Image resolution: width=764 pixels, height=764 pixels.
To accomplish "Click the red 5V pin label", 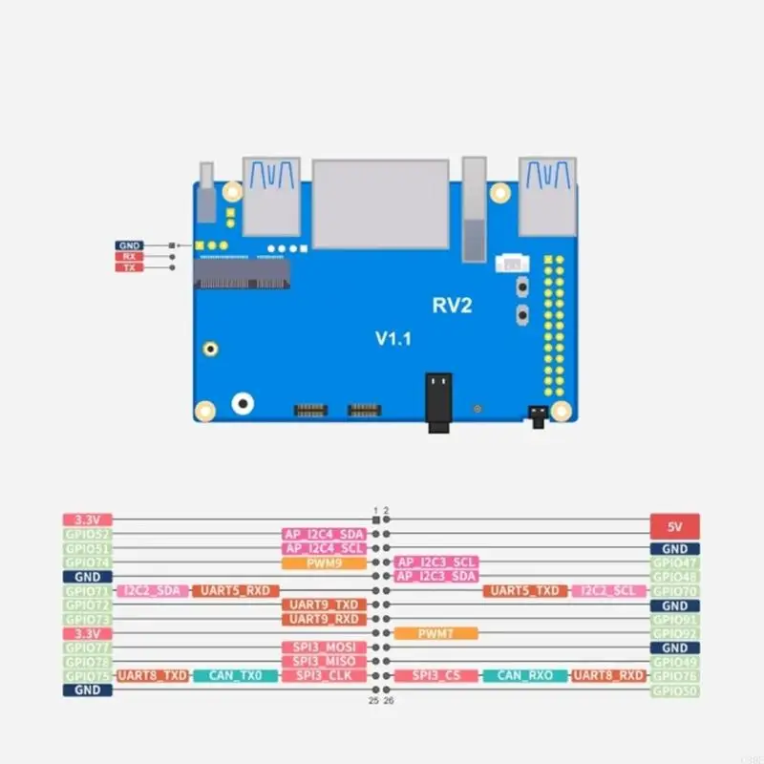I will (674, 525).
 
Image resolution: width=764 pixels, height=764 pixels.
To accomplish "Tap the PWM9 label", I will (324, 562).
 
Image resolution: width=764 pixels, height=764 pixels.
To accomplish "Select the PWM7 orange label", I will (435, 633).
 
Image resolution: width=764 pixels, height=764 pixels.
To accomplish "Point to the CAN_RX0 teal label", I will (524, 675).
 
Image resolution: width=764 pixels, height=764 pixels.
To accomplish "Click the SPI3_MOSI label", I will (324, 647).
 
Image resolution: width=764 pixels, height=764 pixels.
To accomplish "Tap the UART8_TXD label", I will (152, 675).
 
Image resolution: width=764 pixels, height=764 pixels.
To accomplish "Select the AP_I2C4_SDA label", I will (324, 534).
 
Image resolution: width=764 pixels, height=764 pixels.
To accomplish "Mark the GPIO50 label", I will (674, 690).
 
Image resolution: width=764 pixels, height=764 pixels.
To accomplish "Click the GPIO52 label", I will (88, 534).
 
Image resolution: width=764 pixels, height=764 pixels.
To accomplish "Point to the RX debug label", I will (129, 256).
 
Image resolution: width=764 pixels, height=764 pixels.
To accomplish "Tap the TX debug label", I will (129, 267).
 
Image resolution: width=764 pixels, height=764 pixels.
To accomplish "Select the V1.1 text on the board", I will (393, 338).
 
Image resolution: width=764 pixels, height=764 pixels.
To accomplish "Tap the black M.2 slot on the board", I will (242, 276).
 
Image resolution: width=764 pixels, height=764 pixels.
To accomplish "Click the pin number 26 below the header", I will (390, 700).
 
